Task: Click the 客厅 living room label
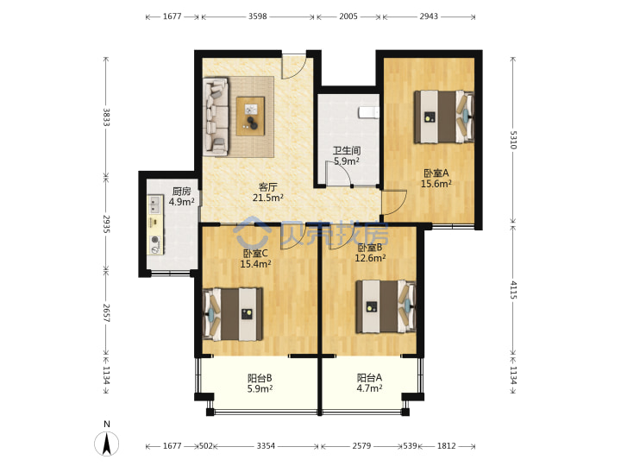click(x=267, y=186)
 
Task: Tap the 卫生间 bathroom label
click(x=347, y=150)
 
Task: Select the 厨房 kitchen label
click(x=182, y=192)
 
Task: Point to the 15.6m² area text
click(x=436, y=184)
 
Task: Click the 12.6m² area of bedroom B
click(x=370, y=258)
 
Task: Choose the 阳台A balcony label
click(x=369, y=378)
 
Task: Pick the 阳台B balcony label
click(x=260, y=378)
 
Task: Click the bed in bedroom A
click(x=444, y=116)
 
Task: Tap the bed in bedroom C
click(x=233, y=314)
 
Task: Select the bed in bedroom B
click(x=386, y=306)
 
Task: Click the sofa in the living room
click(x=216, y=116)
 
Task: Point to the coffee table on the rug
click(x=250, y=116)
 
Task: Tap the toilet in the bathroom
click(x=369, y=112)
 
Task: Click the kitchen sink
click(x=155, y=205)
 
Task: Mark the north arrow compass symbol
click(x=107, y=443)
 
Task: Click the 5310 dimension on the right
click(x=513, y=140)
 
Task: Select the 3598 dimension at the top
click(x=257, y=16)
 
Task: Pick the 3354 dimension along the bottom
click(x=266, y=446)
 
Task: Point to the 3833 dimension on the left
click(x=106, y=117)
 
